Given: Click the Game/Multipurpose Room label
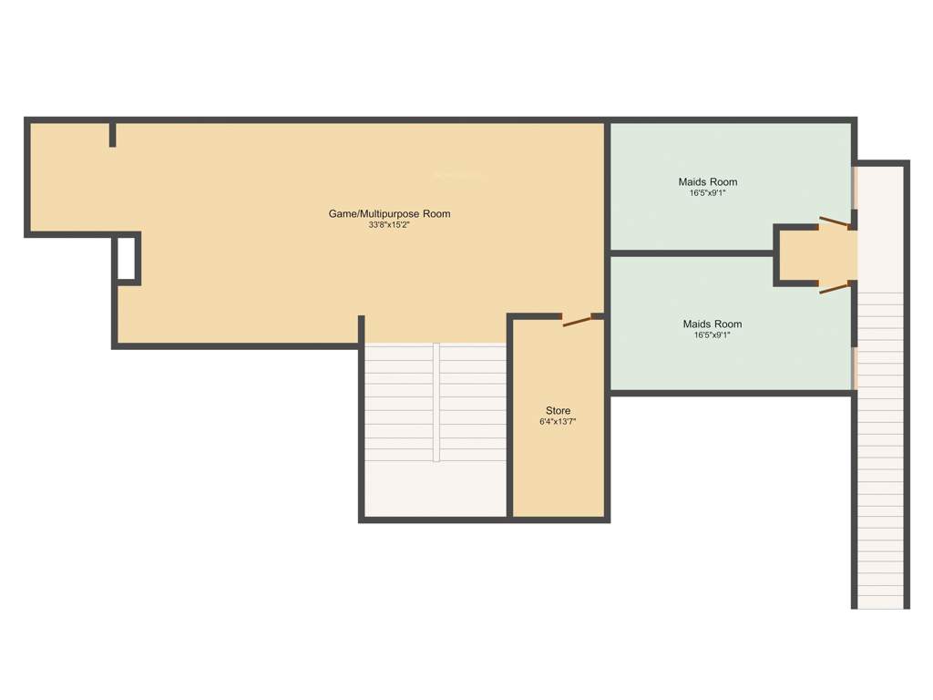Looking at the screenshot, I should tap(389, 214).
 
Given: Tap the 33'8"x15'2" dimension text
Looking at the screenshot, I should tap(389, 225).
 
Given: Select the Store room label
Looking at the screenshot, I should tap(558, 410).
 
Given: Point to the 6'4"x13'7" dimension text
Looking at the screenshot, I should tap(558, 422).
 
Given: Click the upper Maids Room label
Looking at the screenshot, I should tap(708, 181).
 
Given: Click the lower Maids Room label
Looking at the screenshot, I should tap(712, 324).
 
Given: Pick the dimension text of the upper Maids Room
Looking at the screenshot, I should tap(708, 193).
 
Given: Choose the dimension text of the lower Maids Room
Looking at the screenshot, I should tap(712, 335).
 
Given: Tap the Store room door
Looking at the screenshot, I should tap(577, 320).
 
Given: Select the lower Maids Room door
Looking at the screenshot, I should tap(835, 288).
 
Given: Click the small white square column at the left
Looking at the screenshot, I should tap(127, 257).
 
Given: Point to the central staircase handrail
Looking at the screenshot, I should tap(436, 401).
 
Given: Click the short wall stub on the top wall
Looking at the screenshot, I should tap(113, 134).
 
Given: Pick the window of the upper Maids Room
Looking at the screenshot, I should tap(854, 187).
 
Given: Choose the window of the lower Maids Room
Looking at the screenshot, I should tap(854, 366).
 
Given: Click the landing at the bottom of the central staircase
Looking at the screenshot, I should tap(435, 489).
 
